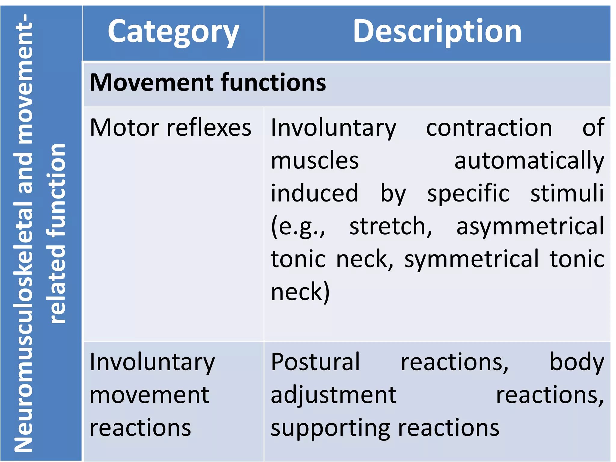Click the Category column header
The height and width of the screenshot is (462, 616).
tap(173, 32)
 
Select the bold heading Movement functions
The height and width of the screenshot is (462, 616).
tap(208, 82)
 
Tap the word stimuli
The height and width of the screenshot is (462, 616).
tap(567, 193)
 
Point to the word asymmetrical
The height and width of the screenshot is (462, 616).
tap(530, 226)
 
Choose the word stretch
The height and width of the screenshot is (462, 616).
tap(390, 226)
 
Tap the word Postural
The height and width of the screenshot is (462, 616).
tap(315, 362)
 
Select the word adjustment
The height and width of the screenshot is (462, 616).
tap(333, 395)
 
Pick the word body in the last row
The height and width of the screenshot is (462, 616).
tap(577, 362)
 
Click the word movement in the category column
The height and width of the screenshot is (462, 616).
tap(149, 395)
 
